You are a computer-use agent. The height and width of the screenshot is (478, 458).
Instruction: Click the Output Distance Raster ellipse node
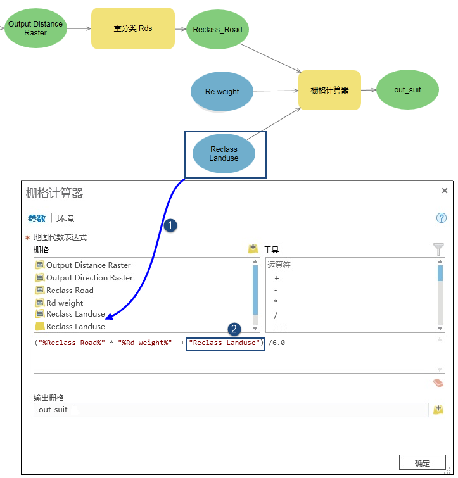(35, 28)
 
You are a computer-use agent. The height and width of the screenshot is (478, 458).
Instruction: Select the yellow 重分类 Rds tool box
(133, 28)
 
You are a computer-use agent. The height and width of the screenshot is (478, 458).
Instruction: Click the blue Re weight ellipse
(222, 92)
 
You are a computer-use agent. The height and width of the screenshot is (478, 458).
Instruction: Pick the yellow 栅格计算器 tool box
(329, 91)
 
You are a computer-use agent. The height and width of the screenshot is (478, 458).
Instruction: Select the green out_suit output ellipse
(407, 90)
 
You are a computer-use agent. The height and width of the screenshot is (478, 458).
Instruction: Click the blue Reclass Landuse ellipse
(224, 154)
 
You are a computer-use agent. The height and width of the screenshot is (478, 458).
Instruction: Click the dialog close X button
(445, 191)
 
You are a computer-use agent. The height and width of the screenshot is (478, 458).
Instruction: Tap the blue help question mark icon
(442, 218)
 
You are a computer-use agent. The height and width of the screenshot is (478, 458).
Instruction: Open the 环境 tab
(65, 218)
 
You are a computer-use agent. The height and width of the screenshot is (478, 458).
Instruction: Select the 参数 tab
(36, 218)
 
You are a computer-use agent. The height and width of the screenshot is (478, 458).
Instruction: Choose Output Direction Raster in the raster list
(89, 278)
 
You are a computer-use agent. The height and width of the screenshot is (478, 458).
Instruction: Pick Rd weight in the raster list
(65, 303)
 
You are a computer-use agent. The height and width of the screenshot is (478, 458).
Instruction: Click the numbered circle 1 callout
(169, 225)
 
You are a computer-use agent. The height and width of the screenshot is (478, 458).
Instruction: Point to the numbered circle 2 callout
(234, 329)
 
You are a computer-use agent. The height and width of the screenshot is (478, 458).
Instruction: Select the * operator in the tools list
(276, 302)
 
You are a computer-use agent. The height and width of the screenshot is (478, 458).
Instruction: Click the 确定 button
(422, 463)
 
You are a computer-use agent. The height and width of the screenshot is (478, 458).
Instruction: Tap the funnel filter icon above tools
(438, 249)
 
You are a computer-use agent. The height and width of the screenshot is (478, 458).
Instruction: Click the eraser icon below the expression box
(438, 383)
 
